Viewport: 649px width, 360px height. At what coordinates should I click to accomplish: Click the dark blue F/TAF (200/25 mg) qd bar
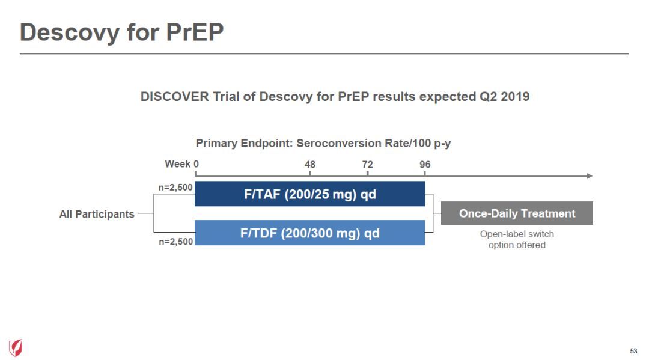[309, 194]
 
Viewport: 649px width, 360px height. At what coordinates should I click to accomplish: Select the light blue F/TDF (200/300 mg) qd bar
[309, 233]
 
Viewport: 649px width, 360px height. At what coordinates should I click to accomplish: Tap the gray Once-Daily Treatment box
[517, 213]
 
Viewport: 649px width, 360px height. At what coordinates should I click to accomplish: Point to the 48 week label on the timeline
[310, 164]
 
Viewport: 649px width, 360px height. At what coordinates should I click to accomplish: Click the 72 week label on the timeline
[368, 164]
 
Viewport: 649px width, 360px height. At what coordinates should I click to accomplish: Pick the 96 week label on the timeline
[425, 164]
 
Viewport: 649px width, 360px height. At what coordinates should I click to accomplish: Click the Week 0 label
[181, 164]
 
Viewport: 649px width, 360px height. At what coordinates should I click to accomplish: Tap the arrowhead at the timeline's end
[590, 176]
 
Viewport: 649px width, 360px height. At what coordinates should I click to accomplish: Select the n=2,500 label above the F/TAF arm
[175, 187]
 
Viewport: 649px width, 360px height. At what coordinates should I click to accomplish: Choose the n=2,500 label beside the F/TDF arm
[176, 241]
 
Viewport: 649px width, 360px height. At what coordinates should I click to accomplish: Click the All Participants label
[97, 214]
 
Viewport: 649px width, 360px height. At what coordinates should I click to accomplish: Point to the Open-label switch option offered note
[517, 239]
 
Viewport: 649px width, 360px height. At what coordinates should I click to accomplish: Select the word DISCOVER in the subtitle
[175, 96]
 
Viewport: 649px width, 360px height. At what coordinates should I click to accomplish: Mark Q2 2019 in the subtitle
[505, 96]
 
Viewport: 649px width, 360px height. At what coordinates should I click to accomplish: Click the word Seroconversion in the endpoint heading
[339, 143]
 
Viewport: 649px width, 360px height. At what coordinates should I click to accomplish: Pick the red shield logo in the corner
[16, 347]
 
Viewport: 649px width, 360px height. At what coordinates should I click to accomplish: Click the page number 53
[634, 351]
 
